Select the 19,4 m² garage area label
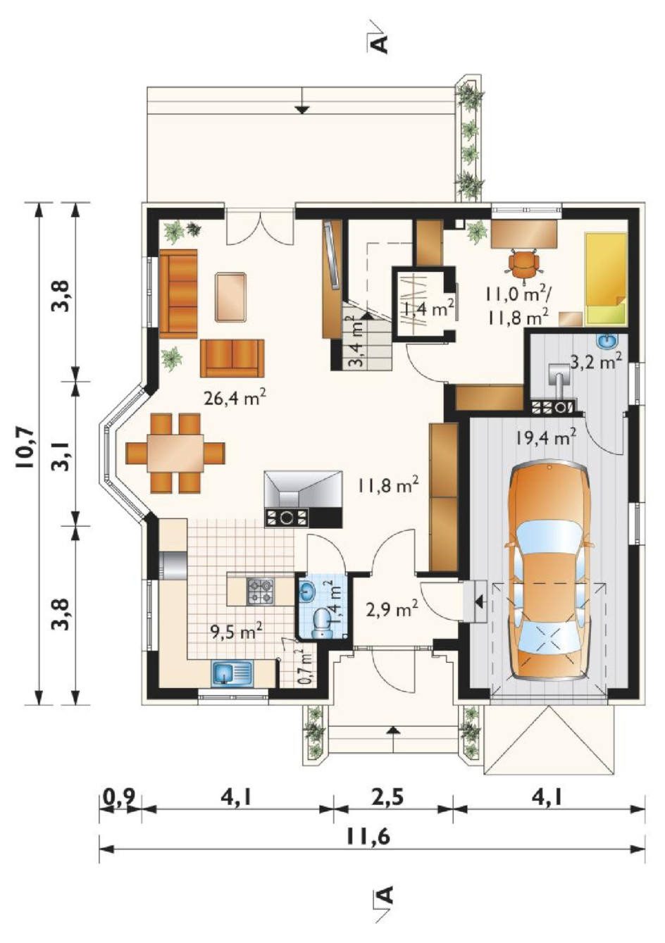(546, 439)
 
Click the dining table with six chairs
(175, 453)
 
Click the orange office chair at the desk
(524, 263)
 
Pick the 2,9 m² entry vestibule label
(392, 608)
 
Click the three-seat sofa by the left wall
(178, 294)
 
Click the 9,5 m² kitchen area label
(237, 632)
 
